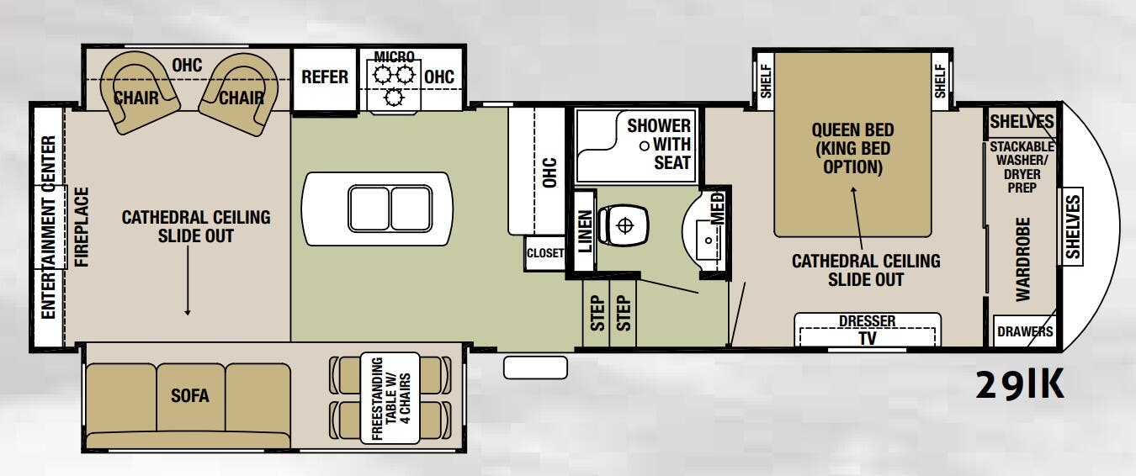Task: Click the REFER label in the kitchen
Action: (325, 77)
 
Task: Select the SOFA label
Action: (190, 395)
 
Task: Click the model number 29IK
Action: (1020, 385)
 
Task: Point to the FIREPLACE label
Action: (82, 226)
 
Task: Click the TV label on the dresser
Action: (866, 338)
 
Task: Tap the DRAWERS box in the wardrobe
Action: (1024, 331)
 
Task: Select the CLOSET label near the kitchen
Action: (544, 253)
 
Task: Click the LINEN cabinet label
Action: (585, 231)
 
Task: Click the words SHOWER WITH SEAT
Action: (659, 145)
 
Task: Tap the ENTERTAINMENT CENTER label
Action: (49, 227)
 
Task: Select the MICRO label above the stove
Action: (394, 56)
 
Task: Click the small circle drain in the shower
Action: (644, 145)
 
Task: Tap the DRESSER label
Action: (867, 321)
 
